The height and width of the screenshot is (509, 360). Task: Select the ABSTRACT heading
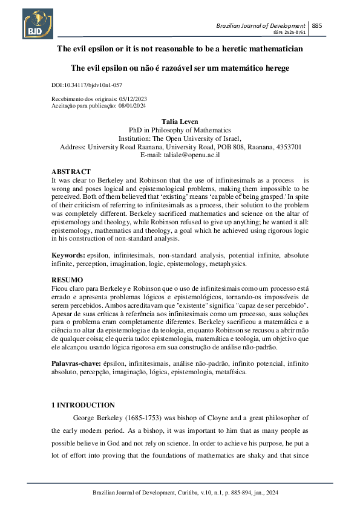(71, 172)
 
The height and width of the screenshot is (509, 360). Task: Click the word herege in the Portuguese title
(275, 68)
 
